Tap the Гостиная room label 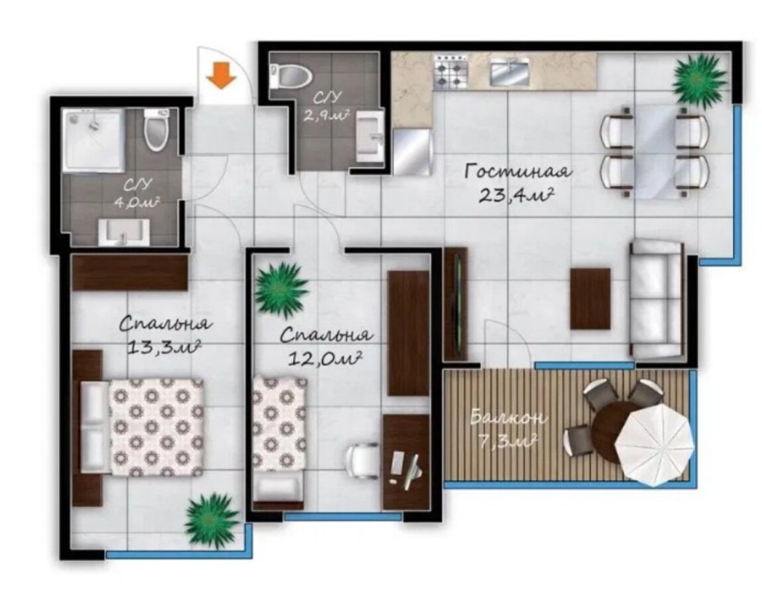tap(517, 171)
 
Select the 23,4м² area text tap(517, 195)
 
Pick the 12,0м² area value tap(325, 358)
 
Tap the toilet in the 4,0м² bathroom tap(157, 128)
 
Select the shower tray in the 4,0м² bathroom tap(94, 140)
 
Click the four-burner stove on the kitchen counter tap(452, 72)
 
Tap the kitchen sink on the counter tap(510, 71)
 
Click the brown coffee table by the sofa tap(590, 298)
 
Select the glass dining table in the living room tap(655, 151)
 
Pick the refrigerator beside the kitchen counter tap(412, 152)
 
